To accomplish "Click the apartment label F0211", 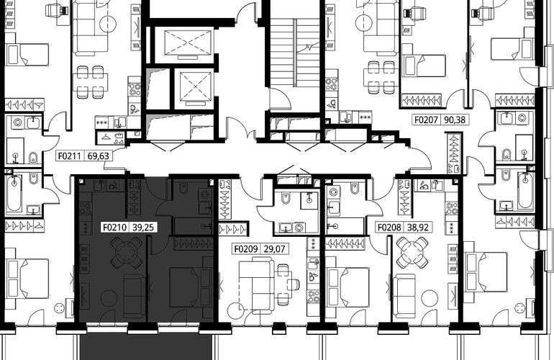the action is (70, 156).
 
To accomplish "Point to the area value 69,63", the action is (99, 156).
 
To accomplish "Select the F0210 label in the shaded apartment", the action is (114, 227).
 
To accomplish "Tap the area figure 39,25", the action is (143, 227).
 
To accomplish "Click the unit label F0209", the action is (246, 249).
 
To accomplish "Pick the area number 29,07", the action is (275, 249).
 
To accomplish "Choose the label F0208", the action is (389, 227).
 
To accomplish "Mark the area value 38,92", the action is (418, 227).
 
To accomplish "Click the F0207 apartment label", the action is (427, 120).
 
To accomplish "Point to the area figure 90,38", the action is (455, 120).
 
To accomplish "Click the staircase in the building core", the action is (296, 53).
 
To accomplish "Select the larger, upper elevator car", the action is (188, 42).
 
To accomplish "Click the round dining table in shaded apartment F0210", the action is (126, 252).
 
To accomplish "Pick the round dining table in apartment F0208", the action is (412, 252).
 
